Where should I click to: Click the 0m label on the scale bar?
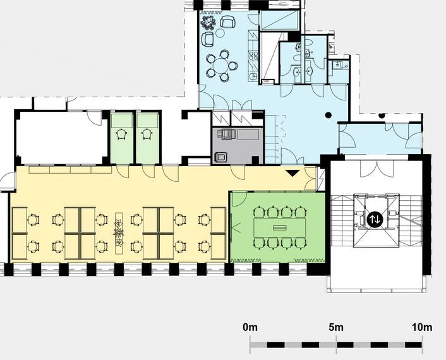point(250,327)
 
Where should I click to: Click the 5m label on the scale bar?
point(336,327)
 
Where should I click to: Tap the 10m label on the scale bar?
point(422,327)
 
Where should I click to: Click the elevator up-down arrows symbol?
point(375,219)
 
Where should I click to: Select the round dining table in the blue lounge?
point(222,66)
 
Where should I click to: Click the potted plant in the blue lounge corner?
point(208,23)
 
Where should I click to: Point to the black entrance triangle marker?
point(292,173)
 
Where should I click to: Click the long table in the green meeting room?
point(280,227)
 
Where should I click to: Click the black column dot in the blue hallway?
point(328,115)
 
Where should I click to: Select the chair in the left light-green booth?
point(122,134)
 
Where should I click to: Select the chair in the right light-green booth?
point(147,134)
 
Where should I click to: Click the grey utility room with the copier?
point(238,146)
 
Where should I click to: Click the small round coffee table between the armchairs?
point(220,33)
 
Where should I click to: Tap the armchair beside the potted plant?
point(228,21)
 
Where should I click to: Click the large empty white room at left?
point(62,138)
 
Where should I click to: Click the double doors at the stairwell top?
point(377,169)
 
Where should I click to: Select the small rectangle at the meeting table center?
point(280,227)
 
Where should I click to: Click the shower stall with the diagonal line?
point(272,58)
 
